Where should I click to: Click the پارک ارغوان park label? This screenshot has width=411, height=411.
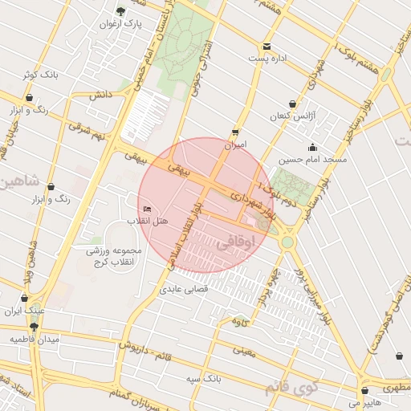pos(120,24)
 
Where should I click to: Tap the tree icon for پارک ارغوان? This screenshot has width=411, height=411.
pos(120,10)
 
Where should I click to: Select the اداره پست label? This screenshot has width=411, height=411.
pos(267,59)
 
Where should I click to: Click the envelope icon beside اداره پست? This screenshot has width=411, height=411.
pos(267,46)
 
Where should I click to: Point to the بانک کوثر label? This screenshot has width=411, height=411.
pos(39,74)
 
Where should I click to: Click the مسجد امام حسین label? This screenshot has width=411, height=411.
pos(312,160)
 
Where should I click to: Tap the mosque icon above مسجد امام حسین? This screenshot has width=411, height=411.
pos(312,147)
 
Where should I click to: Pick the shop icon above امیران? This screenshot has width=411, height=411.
pos(234,132)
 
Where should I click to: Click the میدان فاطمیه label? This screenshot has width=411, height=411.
pos(34,340)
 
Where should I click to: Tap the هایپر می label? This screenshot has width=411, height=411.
pos(364,402)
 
